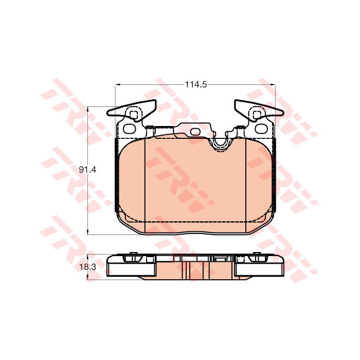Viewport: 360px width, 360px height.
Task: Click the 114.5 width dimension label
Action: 196,85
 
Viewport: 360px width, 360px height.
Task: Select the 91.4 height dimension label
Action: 87,170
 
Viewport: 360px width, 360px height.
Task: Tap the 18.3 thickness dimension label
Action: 87,267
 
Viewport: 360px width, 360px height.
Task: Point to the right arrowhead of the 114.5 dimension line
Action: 273,85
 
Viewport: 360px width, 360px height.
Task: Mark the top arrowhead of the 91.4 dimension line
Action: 87,110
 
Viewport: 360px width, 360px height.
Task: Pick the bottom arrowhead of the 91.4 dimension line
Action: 87,231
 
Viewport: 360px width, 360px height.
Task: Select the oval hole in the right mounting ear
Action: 261,129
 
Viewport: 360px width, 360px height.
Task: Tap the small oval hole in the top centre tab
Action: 195,132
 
